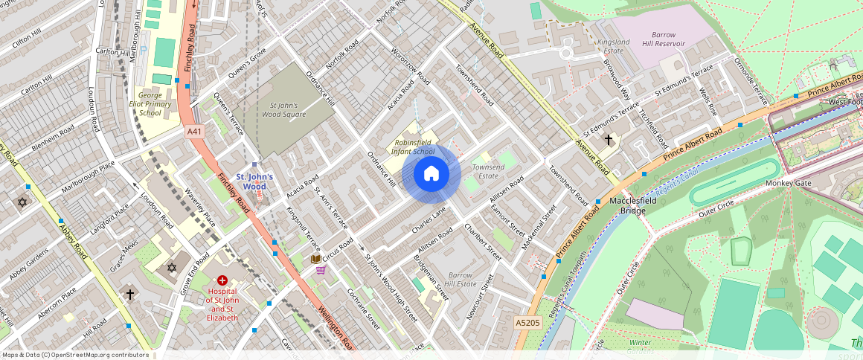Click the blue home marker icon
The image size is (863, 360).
[x=431, y=174]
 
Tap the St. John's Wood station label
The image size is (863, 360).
[x=254, y=181]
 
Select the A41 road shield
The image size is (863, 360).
[x=195, y=132]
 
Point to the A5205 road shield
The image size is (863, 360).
[x=527, y=322]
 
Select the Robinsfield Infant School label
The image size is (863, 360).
[x=414, y=147]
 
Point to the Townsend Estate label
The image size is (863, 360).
[x=488, y=172]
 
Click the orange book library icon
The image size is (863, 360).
[x=316, y=258]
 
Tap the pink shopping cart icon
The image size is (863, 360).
[x=321, y=270]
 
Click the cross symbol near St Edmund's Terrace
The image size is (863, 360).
[x=608, y=139]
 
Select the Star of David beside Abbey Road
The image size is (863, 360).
[x=22, y=202]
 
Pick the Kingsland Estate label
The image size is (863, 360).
[x=614, y=47]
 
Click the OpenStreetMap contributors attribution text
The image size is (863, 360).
[x=75, y=355]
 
